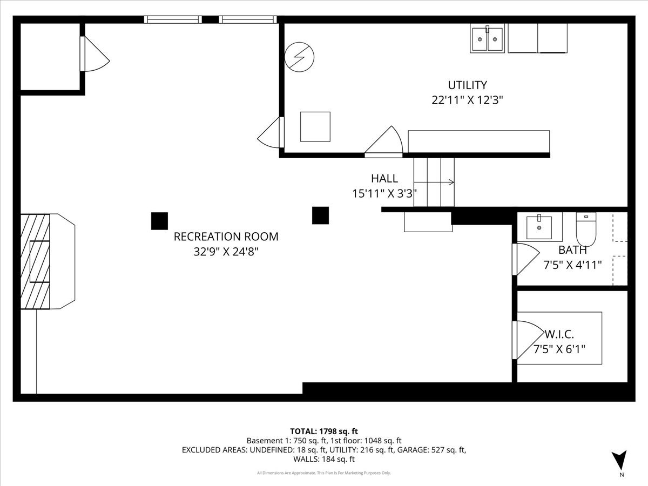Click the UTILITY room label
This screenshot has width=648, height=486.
pos(467,85)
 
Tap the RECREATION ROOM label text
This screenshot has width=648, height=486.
pos(226,237)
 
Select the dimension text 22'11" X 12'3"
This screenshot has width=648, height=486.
pos(467,100)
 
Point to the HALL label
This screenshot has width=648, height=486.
pos(384,178)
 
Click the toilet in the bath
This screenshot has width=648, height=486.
pos(586,229)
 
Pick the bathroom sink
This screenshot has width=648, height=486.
pos(539,227)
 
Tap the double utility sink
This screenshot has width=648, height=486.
pos(487,38)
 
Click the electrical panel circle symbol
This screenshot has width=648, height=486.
pos(299,57)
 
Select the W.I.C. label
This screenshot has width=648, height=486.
pos(559,334)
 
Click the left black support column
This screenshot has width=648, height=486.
pos(159,221)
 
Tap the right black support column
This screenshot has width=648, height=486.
pos(320,215)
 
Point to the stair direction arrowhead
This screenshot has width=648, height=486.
pos(451,183)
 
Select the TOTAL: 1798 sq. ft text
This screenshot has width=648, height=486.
pos(324,431)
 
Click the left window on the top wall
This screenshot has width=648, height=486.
pos(173,19)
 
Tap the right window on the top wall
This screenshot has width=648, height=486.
pos(248,19)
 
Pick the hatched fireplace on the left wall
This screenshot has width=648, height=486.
pos(35,261)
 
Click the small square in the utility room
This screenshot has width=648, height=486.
pos(315,126)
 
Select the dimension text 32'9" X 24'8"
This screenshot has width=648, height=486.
pos(226,252)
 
